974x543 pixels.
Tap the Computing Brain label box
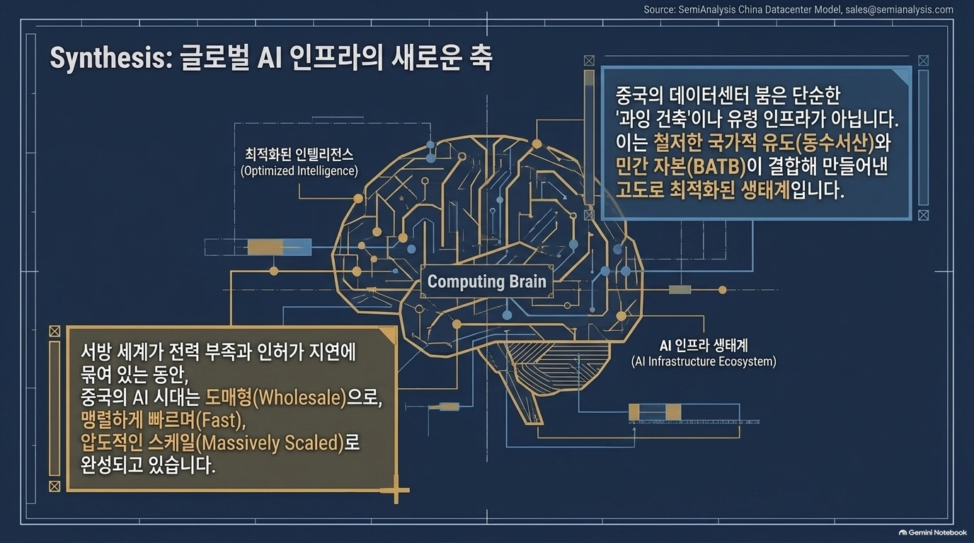pyautogui.click(x=486, y=281)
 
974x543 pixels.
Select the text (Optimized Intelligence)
pyautogui.click(x=299, y=170)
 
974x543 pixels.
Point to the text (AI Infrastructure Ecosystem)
pyautogui.click(x=704, y=361)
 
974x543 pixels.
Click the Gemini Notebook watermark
pyautogui.click(x=933, y=532)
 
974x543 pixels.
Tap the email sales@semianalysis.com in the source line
pyautogui.click(x=899, y=10)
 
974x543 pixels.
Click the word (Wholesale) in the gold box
pyautogui.click(x=299, y=397)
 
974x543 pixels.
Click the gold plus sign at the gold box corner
pyautogui.click(x=396, y=490)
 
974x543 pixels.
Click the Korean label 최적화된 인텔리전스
pyautogui.click(x=299, y=154)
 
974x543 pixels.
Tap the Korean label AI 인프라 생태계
pyautogui.click(x=704, y=346)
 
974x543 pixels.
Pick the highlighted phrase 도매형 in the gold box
pyautogui.click(x=229, y=397)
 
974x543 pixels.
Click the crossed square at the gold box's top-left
pyautogui.click(x=55, y=332)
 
